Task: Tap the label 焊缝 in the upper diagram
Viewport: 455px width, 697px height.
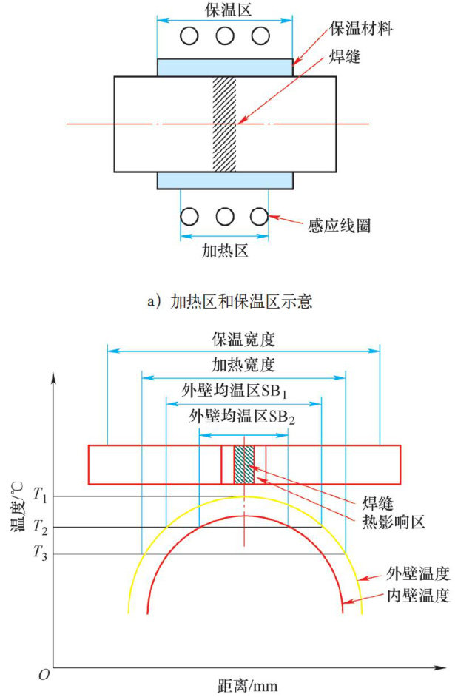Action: pos(345,57)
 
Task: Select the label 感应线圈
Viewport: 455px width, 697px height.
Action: pos(340,225)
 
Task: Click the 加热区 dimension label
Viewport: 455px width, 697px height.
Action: pos(224,250)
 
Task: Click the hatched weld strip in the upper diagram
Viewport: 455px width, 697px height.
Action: pos(224,123)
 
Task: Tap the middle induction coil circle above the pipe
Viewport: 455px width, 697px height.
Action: pos(225,36)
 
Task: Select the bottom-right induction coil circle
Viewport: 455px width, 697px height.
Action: pos(258,217)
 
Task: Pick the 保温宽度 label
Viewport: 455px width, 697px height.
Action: pos(244,339)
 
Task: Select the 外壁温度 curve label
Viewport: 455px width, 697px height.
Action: pos(418,572)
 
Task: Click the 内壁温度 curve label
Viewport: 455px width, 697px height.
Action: pos(418,596)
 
